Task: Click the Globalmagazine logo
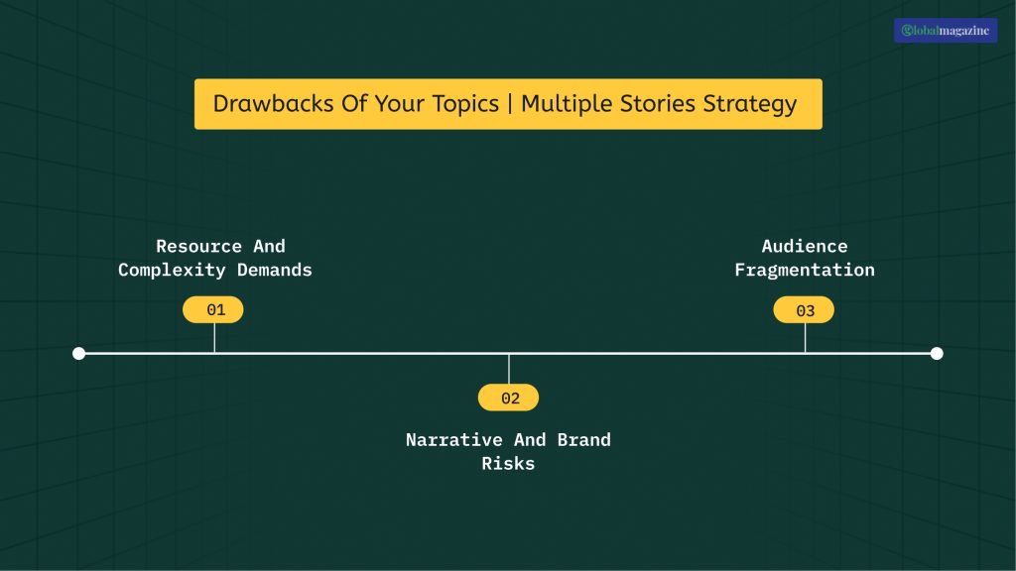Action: tap(945, 31)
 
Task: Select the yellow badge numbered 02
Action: tap(508, 399)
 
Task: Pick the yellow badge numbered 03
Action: tap(804, 310)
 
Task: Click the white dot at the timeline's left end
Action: tap(79, 353)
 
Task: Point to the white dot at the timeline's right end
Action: tap(937, 353)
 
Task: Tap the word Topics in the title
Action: tap(462, 105)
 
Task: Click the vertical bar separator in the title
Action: tap(510, 104)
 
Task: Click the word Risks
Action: tap(508, 463)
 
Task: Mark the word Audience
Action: tap(805, 246)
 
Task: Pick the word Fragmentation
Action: tap(805, 270)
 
